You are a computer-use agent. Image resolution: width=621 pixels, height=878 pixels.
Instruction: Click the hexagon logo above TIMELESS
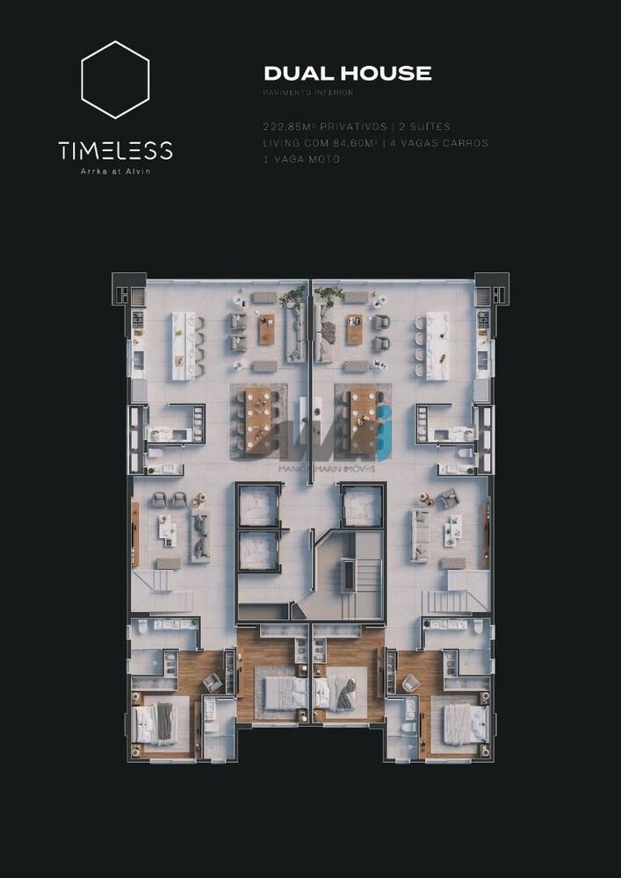(x=115, y=79)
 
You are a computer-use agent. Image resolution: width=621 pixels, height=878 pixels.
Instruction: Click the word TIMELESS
(x=115, y=150)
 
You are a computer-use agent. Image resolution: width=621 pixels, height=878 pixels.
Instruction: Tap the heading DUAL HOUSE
(x=348, y=74)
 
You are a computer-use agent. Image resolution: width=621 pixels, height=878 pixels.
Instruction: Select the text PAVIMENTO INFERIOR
(x=307, y=93)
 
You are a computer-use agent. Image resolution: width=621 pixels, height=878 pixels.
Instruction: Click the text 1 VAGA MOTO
(x=301, y=159)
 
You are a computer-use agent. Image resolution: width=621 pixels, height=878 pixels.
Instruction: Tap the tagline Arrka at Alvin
(x=115, y=171)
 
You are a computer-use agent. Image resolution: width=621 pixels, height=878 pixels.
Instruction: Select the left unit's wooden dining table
(x=258, y=421)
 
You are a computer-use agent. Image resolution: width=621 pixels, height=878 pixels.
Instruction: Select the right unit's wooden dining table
(x=363, y=421)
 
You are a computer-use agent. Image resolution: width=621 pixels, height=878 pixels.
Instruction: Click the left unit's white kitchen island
(x=183, y=346)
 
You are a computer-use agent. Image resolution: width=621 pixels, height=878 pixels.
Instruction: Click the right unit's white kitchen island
(x=437, y=346)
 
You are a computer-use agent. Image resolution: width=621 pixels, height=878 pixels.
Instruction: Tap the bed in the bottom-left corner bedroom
(x=156, y=723)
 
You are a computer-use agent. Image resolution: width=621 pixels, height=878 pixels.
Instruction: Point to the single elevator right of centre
(x=362, y=507)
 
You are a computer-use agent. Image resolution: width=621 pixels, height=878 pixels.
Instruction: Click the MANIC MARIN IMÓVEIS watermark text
(x=327, y=469)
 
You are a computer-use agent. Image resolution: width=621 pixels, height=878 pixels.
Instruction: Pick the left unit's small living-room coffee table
(x=168, y=530)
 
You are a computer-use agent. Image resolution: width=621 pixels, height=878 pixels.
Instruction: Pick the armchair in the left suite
(x=212, y=682)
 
